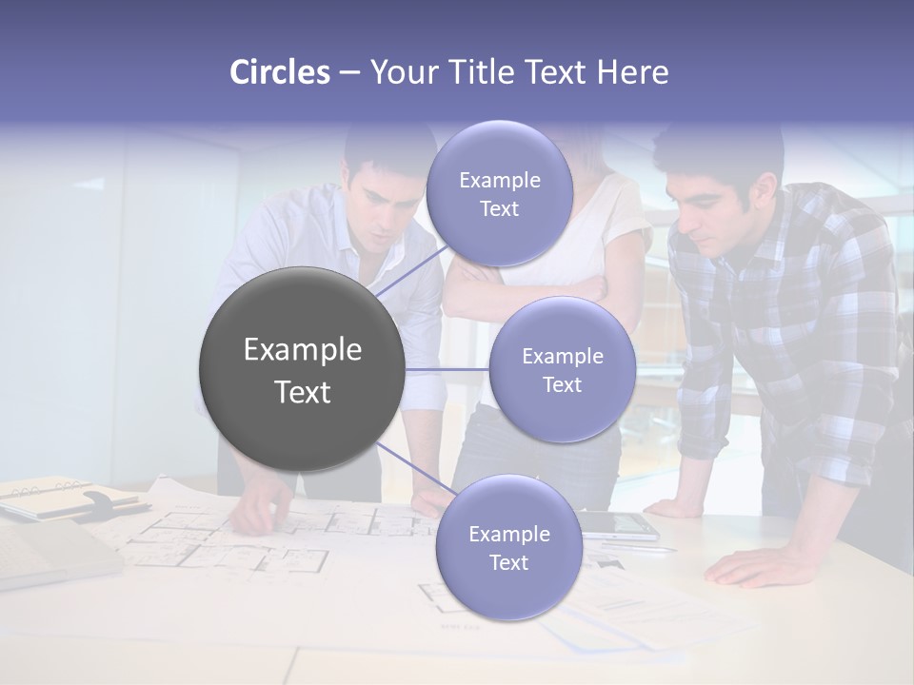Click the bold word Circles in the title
pos(279,72)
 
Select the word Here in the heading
pos(632,72)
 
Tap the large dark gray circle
pos(302,369)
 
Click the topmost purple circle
pos(499,194)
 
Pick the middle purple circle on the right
pos(562,370)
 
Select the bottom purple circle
pos(508,548)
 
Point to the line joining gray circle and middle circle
pos(447,369)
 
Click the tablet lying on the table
pos(619,524)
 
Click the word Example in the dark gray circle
pos(302,350)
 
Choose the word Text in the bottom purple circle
pos(508,562)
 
